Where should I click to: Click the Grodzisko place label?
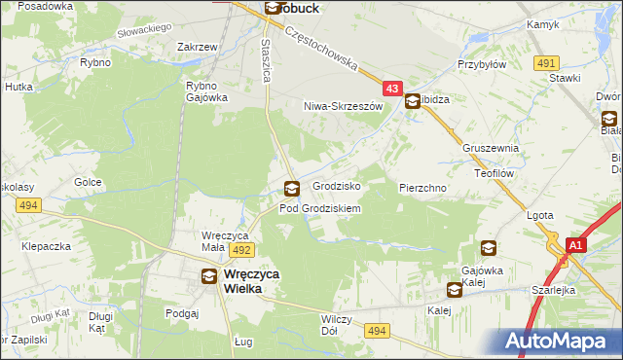[x=337, y=185]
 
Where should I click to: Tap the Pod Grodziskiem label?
[x=320, y=208]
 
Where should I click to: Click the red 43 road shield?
[x=391, y=89]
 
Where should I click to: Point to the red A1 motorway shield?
[x=574, y=246]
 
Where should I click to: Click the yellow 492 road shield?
[x=242, y=250]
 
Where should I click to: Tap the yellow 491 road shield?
[x=546, y=63]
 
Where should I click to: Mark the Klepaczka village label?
[x=48, y=247]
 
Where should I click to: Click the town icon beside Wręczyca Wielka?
[x=209, y=276]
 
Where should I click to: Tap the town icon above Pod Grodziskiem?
[x=290, y=189]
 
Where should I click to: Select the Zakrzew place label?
[x=197, y=46]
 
